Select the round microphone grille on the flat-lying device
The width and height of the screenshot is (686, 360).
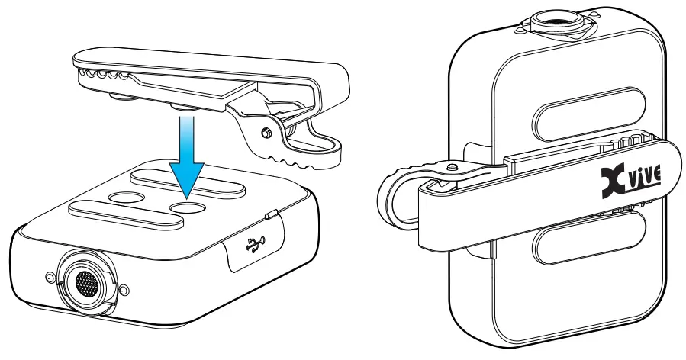click(85, 284)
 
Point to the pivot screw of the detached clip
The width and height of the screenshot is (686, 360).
click(265, 132)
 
